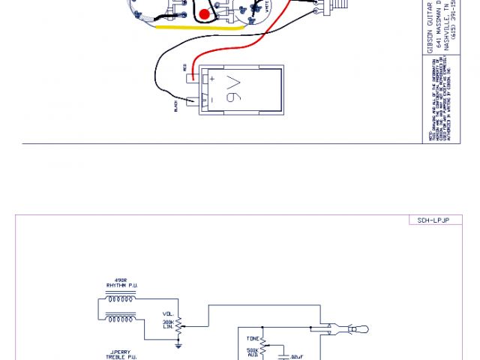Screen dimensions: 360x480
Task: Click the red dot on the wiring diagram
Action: click(x=204, y=14)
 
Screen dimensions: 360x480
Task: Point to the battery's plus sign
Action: click(x=212, y=78)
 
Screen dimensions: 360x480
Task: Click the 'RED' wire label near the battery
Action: click(x=184, y=68)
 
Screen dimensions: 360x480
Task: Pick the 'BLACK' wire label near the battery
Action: click(x=175, y=106)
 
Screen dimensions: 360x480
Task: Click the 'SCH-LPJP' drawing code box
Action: click(x=433, y=220)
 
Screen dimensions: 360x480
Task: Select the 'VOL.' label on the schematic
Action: click(x=167, y=315)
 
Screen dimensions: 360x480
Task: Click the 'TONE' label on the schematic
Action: click(x=253, y=338)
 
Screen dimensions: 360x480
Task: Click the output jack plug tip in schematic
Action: click(x=362, y=329)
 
